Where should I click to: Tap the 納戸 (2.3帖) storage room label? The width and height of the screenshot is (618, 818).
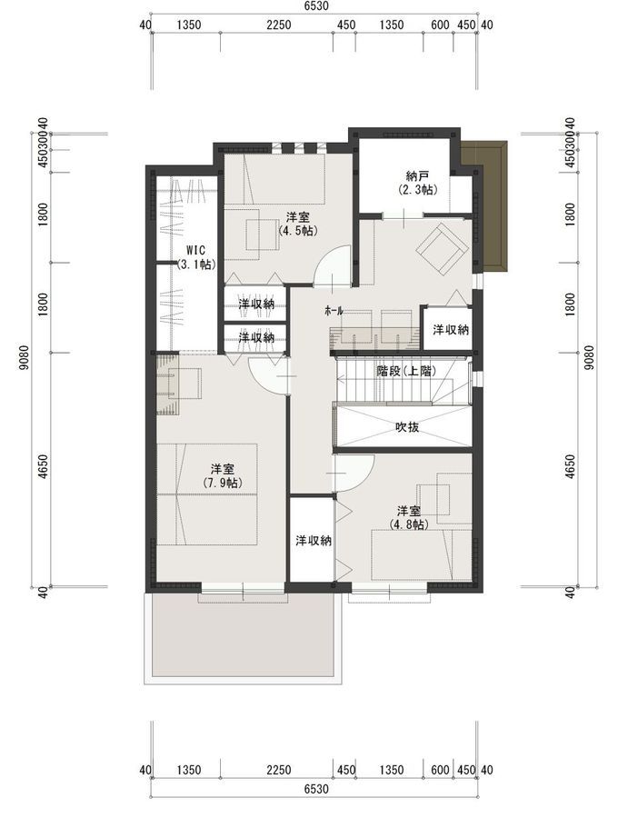coord(417,183)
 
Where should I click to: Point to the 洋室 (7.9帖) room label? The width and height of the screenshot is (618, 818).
coord(223,475)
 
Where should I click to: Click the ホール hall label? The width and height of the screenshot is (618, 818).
coord(334,311)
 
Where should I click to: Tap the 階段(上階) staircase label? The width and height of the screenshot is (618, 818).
coord(406,371)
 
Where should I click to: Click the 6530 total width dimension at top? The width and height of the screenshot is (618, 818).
coord(315,5)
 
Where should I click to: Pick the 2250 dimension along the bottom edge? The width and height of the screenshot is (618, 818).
coord(279,770)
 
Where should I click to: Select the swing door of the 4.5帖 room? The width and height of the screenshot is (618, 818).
coord(331,266)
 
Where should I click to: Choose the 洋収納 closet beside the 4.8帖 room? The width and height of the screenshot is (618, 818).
coord(313,540)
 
